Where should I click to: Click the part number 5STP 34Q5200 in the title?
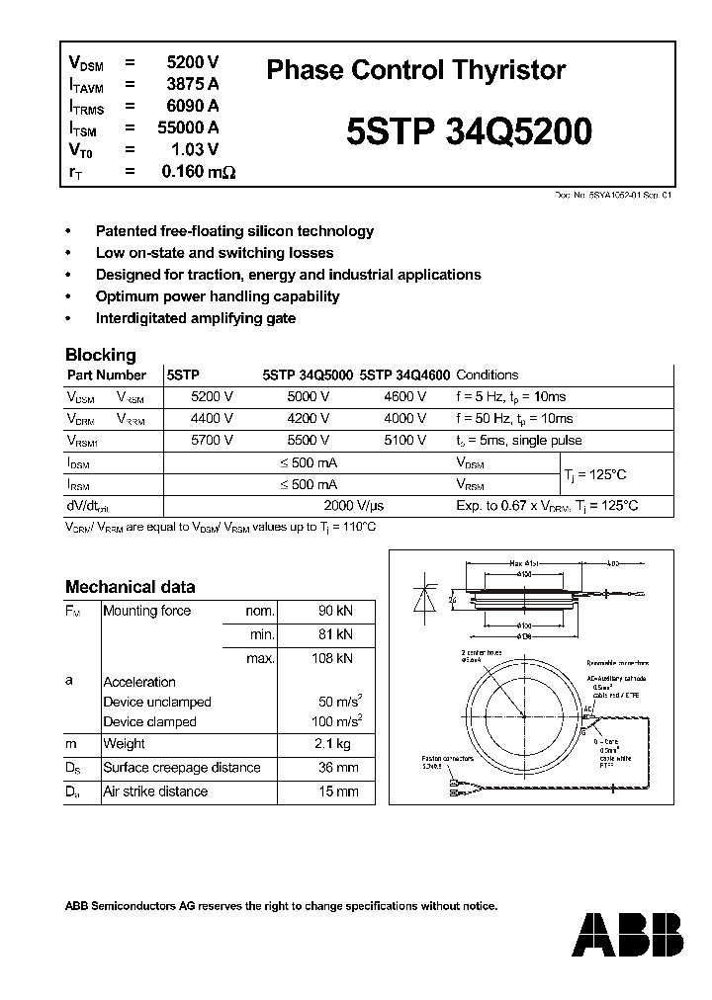click(470, 132)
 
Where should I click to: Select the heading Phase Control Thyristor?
click(416, 70)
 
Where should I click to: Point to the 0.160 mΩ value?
click(198, 172)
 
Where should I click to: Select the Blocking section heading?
click(100, 355)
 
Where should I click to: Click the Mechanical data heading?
click(130, 586)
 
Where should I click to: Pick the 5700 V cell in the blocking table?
click(212, 441)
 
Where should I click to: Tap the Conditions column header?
click(487, 375)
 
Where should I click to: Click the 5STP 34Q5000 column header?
click(307, 375)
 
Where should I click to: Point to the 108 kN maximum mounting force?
click(329, 658)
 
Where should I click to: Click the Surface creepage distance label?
click(181, 768)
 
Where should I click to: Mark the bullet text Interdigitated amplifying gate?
click(196, 318)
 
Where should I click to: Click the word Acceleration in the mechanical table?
click(139, 682)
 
